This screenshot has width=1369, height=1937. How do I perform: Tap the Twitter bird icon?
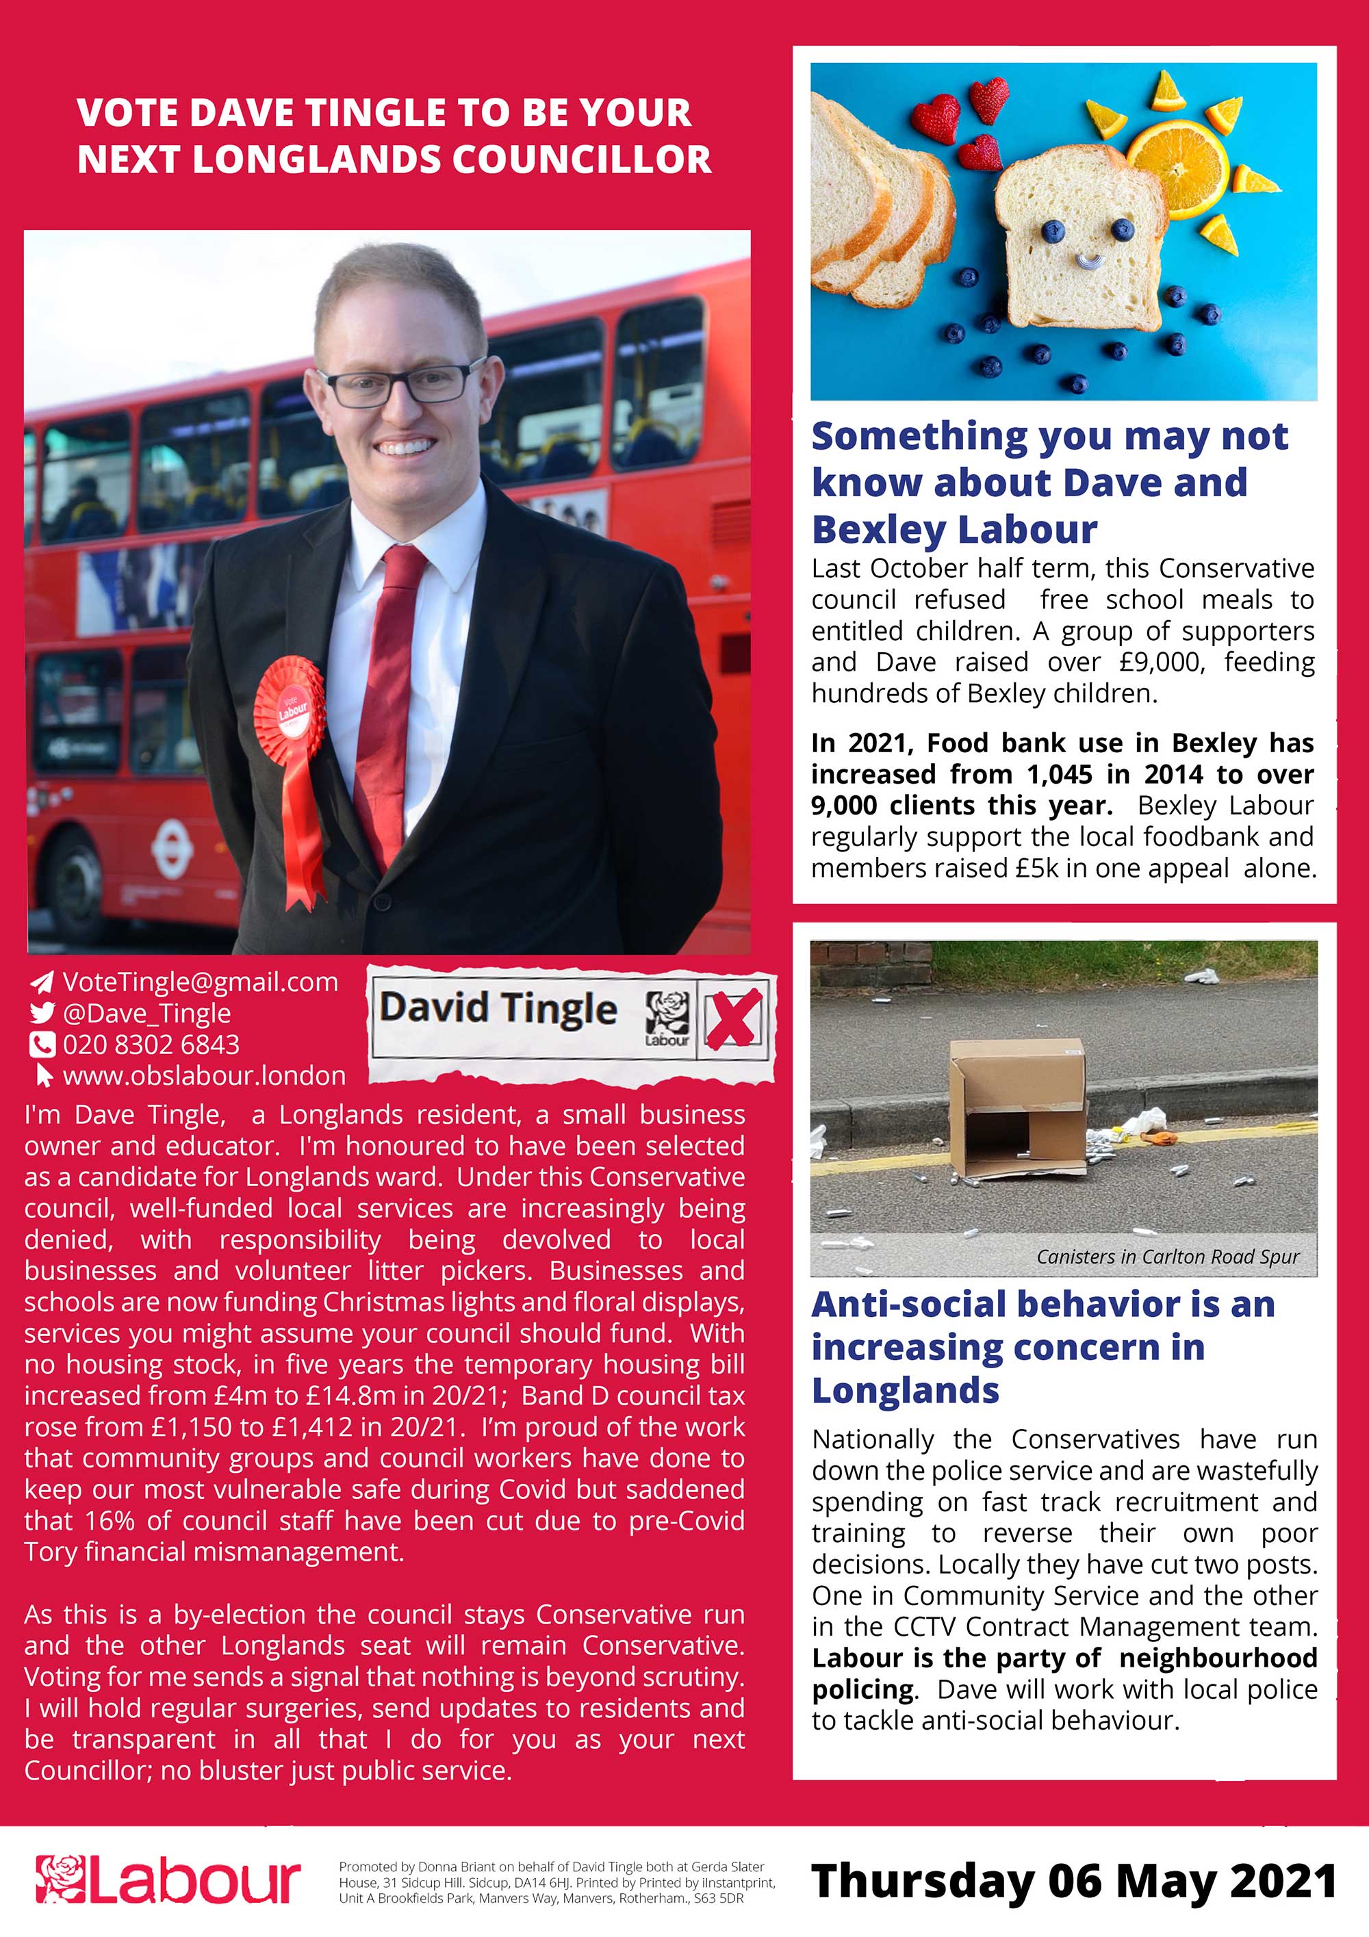42,1012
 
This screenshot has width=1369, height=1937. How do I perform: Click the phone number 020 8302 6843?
151,1044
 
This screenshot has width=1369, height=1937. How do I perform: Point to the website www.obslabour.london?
204,1076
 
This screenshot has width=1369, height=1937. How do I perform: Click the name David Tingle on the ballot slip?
498,1009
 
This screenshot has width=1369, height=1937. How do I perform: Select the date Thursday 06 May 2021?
1073,1880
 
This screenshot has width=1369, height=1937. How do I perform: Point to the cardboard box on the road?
1017,1107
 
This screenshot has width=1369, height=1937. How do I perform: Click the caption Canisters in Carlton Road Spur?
1167,1256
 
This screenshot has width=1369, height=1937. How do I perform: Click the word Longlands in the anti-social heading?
905,1390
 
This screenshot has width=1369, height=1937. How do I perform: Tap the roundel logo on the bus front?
171,848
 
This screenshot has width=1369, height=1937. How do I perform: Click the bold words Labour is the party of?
956,1658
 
